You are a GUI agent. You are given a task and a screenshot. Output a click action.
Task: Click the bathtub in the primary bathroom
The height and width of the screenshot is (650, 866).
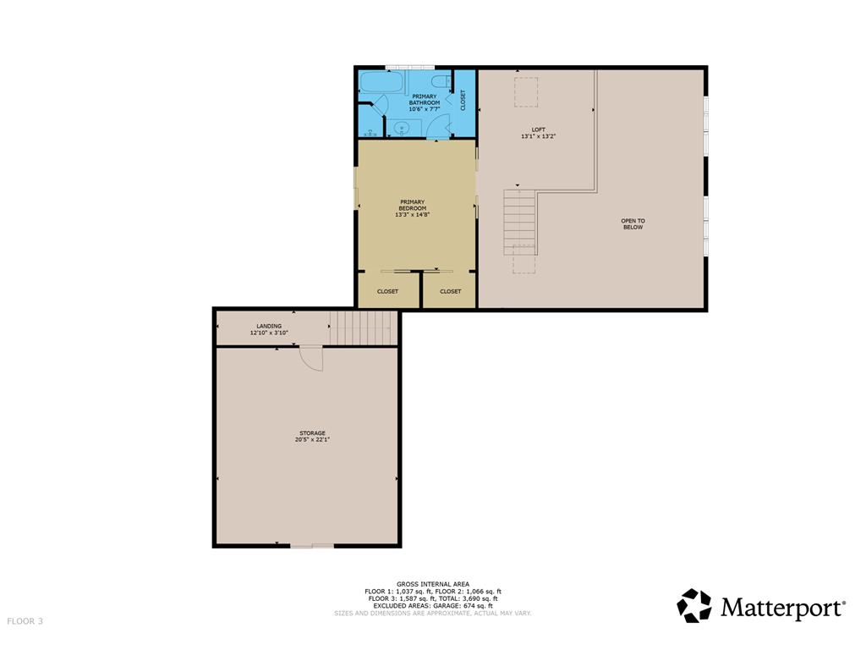(381, 83)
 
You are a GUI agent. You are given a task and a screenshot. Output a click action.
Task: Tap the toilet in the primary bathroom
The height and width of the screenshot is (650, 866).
(441, 82)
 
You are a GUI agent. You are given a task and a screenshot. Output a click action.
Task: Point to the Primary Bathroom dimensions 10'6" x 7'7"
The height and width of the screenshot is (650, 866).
(425, 109)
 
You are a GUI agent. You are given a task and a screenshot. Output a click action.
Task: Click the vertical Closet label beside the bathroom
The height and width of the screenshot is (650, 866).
(463, 100)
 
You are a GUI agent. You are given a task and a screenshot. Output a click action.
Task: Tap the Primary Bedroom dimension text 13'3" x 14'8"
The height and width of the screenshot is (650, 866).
(412, 215)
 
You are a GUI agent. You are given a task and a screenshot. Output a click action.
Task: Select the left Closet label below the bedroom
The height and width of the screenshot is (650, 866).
(387, 291)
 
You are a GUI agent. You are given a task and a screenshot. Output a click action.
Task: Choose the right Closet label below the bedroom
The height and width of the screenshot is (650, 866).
(450, 291)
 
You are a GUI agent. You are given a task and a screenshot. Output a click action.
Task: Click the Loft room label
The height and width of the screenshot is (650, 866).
(538, 129)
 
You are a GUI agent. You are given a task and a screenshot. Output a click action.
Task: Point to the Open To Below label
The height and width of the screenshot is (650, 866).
(633, 223)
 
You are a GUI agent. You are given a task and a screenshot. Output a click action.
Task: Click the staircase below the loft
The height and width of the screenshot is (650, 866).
(520, 223)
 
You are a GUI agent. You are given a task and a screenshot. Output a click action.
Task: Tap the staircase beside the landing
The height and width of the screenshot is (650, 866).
(364, 328)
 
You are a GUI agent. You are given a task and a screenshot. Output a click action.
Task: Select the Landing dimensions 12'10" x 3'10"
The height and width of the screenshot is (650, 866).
(269, 333)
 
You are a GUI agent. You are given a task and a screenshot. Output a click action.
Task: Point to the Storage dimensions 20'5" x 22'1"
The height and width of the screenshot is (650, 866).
(312, 440)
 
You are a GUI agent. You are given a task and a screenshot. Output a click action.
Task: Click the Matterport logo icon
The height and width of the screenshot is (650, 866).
(694, 606)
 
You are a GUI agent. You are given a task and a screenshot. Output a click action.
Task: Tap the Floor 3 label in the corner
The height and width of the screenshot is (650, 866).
(25, 621)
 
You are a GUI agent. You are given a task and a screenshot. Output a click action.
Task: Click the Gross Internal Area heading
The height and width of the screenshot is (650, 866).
(433, 584)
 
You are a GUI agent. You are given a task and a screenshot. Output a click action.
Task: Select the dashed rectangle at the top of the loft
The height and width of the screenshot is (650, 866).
(526, 92)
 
